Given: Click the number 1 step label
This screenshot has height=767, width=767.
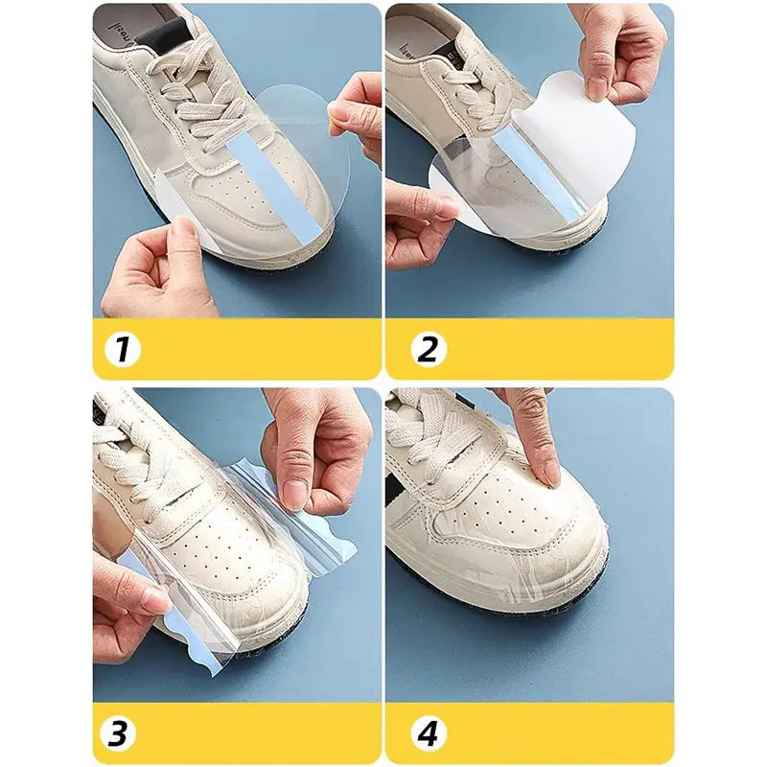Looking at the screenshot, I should (122, 349).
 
